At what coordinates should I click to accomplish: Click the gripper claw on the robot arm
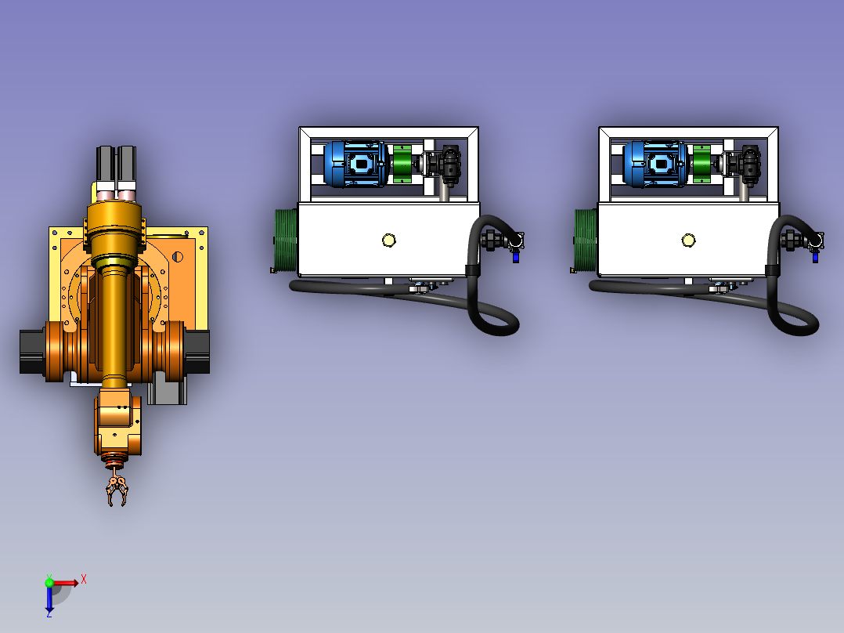117,491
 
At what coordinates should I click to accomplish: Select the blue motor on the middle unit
355,164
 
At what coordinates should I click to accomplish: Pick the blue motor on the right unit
655,164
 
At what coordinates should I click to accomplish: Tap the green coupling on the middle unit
402,164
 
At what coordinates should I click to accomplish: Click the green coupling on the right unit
702,164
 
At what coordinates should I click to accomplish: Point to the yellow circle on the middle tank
388,241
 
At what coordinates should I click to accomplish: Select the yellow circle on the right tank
688,241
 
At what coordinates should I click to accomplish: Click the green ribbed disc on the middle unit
286,241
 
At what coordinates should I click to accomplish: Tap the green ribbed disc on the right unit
586,241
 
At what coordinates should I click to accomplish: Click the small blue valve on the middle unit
516,257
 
